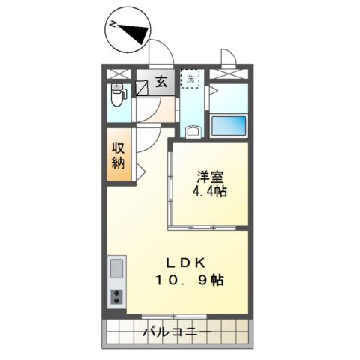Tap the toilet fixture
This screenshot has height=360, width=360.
(117, 96)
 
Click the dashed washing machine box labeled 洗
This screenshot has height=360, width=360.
(190, 79)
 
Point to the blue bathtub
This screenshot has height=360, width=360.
(228, 124)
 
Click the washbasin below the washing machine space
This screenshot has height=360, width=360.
(193, 133)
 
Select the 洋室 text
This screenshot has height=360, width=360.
(211, 177)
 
